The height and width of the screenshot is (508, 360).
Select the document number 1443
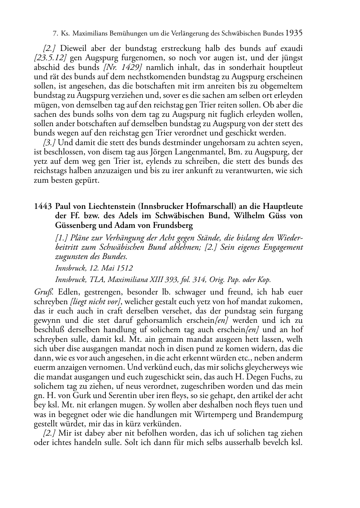pos(43,207)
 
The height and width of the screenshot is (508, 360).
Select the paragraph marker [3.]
pos(49,143)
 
